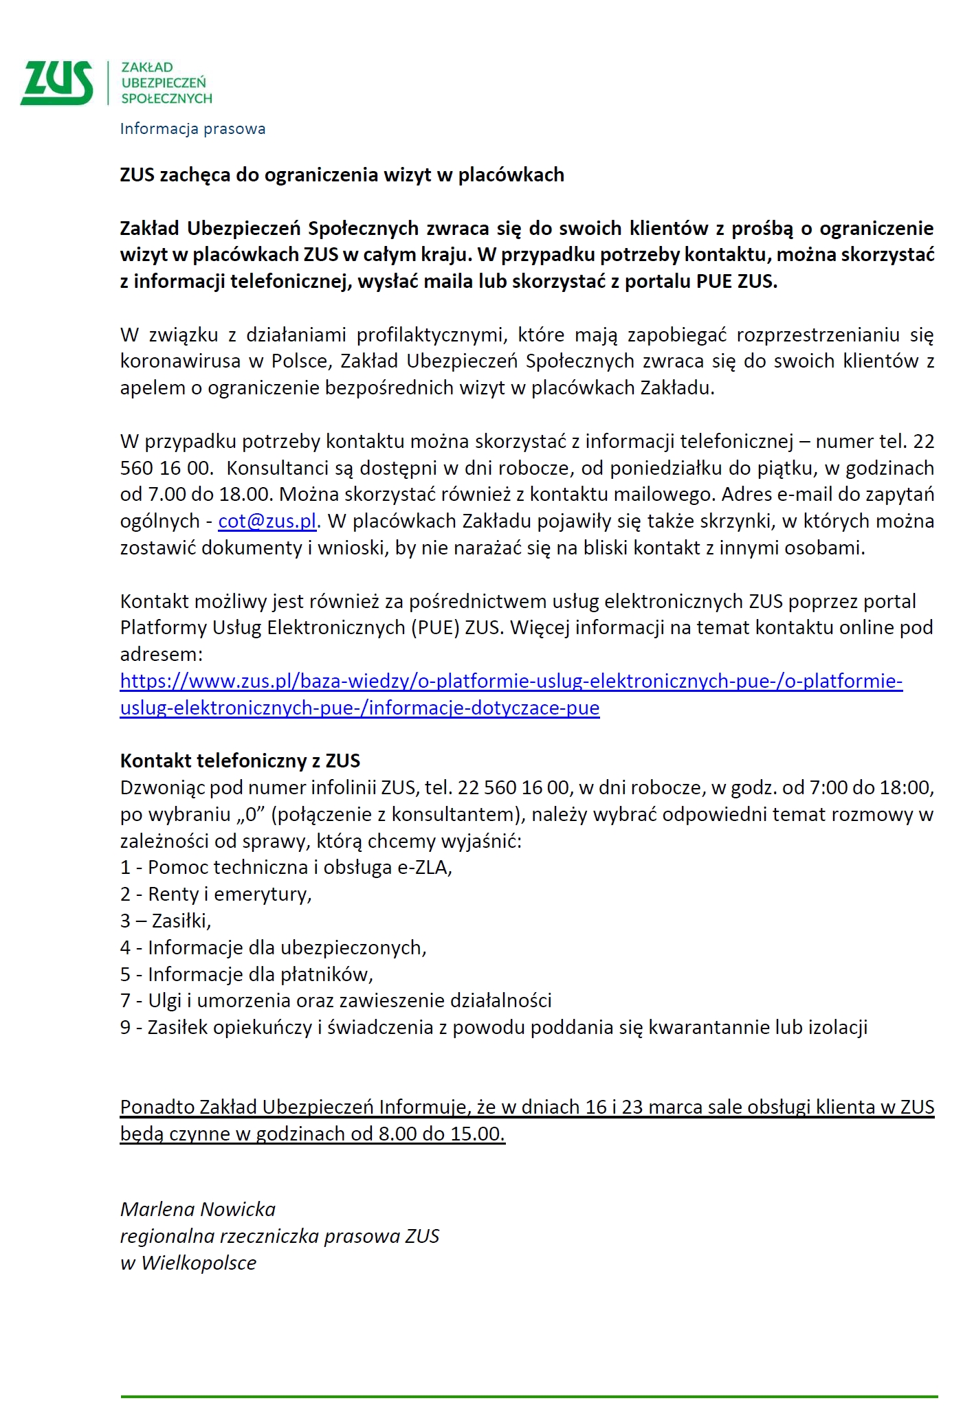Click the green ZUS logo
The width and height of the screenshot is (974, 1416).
pos(57,82)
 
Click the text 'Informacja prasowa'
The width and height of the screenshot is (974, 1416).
pos(192,128)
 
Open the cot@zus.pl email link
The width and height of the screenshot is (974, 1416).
pos(267,521)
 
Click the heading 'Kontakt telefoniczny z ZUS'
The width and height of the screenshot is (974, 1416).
pos(240,761)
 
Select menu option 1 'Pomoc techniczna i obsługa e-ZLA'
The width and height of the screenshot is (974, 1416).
pos(286,868)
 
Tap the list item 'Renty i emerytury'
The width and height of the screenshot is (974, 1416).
pos(216,895)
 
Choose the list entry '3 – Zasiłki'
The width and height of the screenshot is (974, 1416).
pos(166,921)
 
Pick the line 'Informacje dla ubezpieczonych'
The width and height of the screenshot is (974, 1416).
pos(273,947)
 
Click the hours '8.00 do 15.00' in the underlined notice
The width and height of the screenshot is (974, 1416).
pos(441,1134)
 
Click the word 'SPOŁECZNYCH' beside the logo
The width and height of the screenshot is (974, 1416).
pos(166,98)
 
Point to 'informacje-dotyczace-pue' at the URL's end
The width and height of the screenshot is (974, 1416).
pos(484,708)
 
